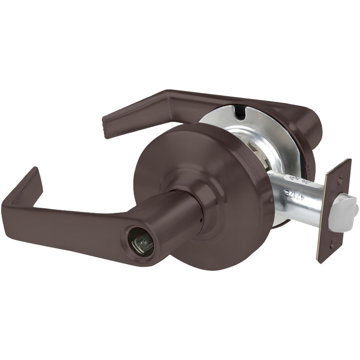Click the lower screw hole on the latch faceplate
click(332, 245)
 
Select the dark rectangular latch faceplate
click(334, 211)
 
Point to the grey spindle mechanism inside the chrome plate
click(261, 158)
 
